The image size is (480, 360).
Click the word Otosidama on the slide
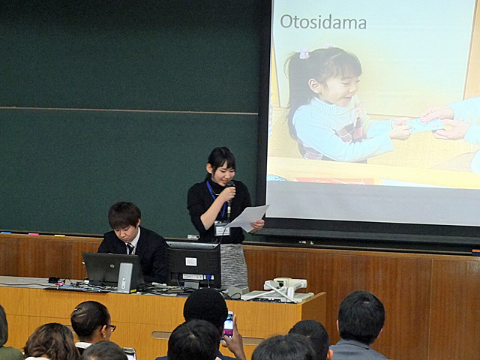coord(323,22)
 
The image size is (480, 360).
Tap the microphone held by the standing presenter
coord(229,199)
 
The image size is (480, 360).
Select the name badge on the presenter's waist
coord(222,228)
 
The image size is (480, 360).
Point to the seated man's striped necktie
coord(130,248)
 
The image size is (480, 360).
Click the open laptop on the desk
coord(112,269)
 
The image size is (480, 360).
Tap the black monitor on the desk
coord(193,265)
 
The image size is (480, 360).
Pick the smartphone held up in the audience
coord(228,325)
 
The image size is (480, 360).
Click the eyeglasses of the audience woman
coord(111,328)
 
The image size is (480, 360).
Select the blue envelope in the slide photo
coord(425,125)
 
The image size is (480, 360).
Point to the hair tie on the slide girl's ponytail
coord(304,54)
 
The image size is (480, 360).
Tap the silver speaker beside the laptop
coord(125,277)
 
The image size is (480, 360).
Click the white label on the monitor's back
coord(190,262)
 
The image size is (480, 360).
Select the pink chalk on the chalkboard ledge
coord(34,234)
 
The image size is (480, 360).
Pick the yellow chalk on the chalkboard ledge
coord(60,235)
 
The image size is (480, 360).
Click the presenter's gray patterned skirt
coord(234,265)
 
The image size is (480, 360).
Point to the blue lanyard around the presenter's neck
coord(217,198)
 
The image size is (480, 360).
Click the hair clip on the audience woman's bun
coord(76,310)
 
